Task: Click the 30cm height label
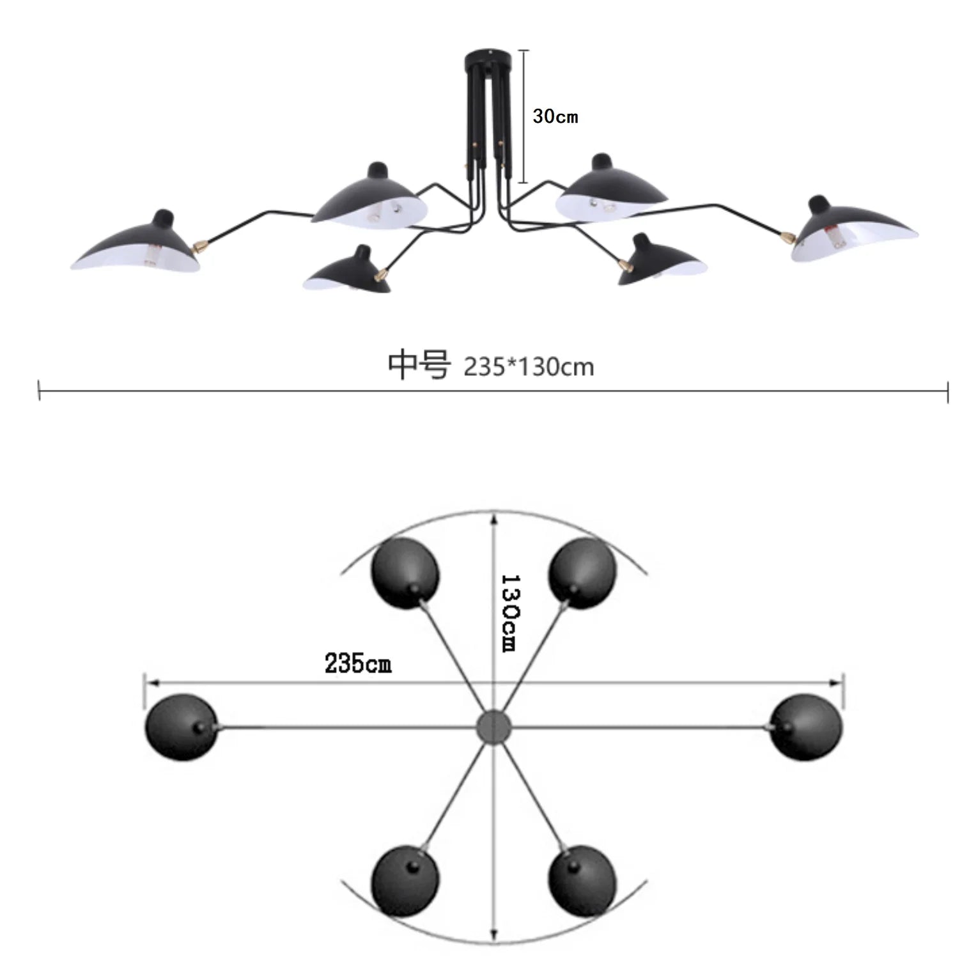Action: [x=555, y=116]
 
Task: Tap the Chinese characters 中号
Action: [x=419, y=365]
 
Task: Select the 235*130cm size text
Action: [x=529, y=368]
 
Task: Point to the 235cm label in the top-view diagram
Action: [x=357, y=663]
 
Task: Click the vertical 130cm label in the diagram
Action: [x=510, y=612]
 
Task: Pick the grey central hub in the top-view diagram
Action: [x=494, y=726]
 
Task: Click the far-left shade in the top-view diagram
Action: [x=182, y=727]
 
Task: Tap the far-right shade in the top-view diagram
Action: [x=806, y=727]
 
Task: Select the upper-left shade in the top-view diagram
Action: [x=405, y=573]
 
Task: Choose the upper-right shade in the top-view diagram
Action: [x=582, y=573]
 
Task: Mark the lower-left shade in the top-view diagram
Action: [x=405, y=881]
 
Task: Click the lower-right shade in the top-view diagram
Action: [x=582, y=881]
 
